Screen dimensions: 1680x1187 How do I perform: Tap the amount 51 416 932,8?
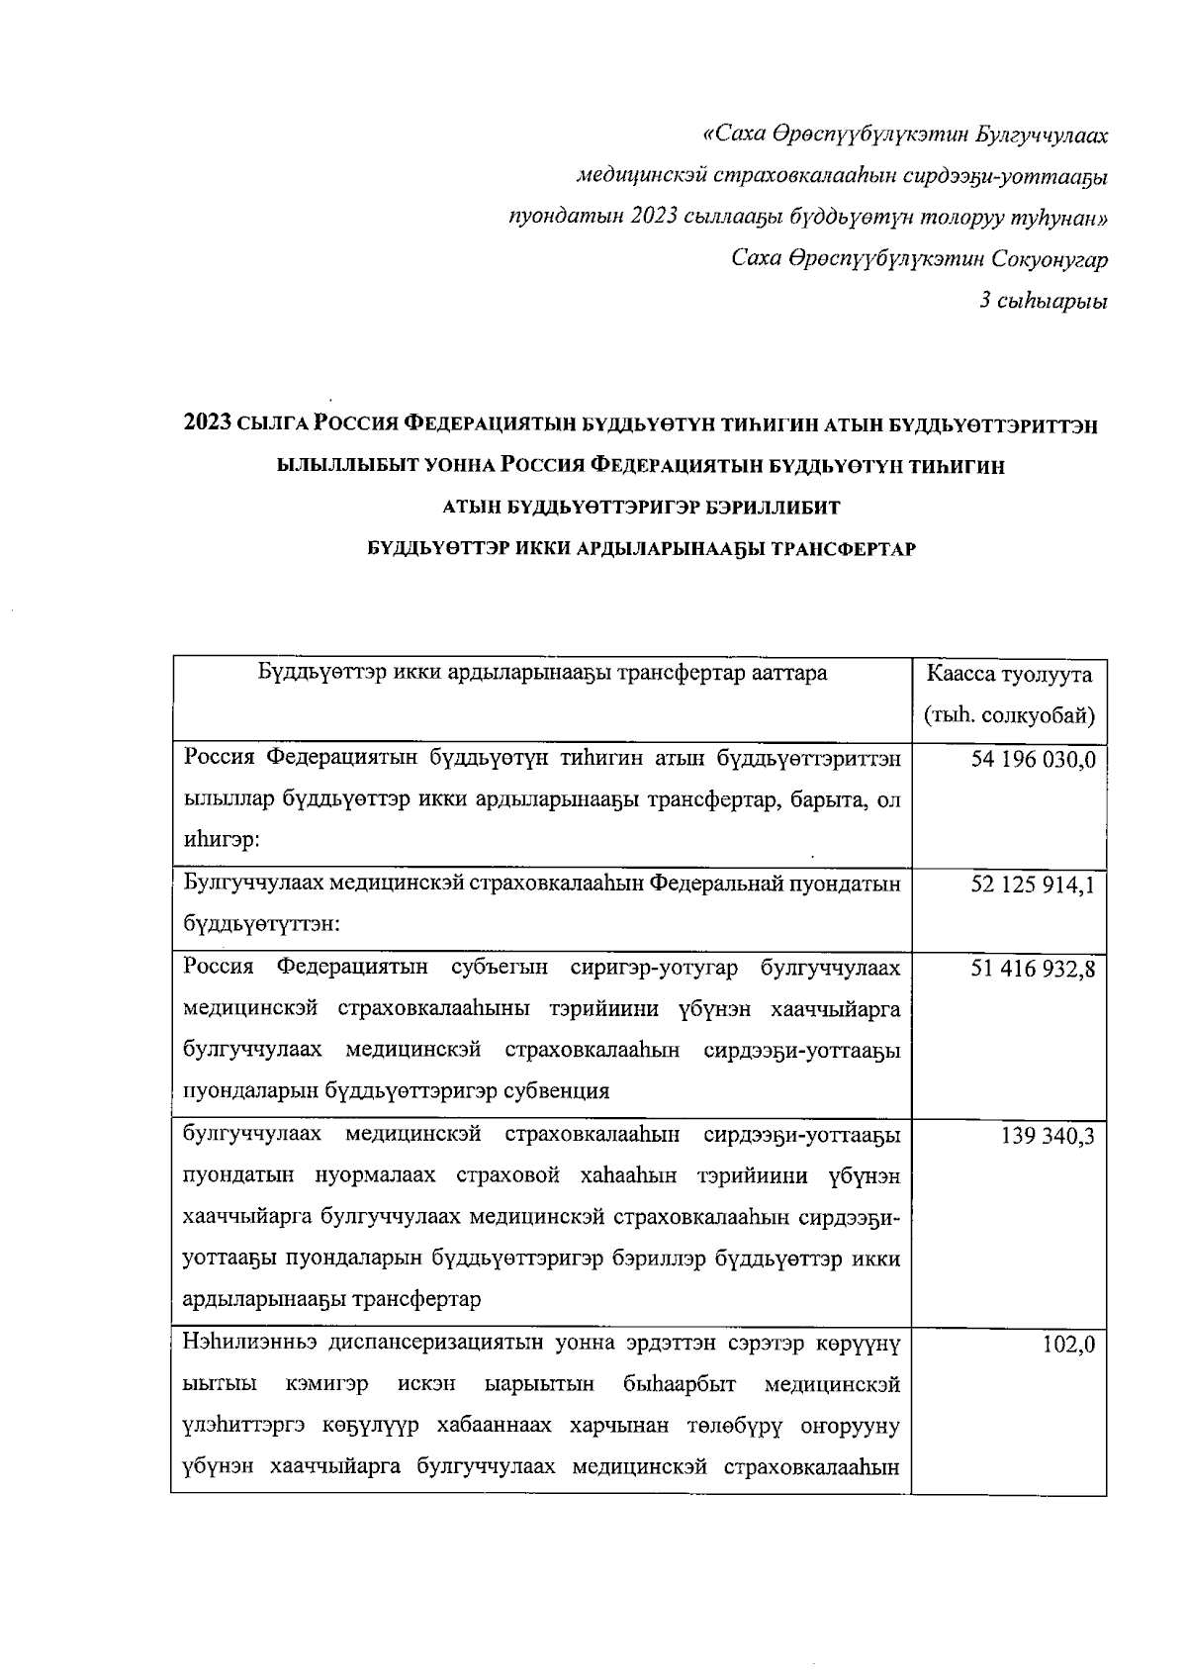[1034, 968]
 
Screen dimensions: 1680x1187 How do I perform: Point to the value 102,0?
[1069, 1344]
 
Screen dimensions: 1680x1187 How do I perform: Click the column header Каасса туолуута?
[1009, 675]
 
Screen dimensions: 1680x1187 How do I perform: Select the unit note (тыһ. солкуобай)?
[1009, 715]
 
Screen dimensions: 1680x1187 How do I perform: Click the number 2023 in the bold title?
[208, 425]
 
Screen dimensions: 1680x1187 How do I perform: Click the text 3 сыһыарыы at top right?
[1044, 302]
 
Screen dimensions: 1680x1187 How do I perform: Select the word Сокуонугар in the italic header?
[1050, 260]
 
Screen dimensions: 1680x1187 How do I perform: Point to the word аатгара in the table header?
[791, 675]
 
